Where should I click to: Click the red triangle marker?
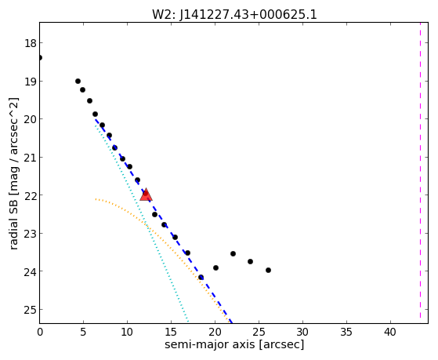pyautogui.click(x=146, y=195)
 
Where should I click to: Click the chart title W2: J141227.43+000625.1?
pyautogui.click(x=234, y=15)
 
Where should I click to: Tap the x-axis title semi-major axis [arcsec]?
pyautogui.click(x=234, y=344)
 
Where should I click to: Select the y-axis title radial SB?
pyautogui.click(x=13, y=173)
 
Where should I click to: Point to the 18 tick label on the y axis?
pyautogui.click(x=30, y=43)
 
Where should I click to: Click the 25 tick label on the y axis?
pyautogui.click(x=30, y=310)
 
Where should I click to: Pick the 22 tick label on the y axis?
pyautogui.click(x=30, y=195)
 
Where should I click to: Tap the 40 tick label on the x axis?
pyautogui.click(x=390, y=332)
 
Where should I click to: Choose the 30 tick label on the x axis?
pyautogui.click(x=302, y=332)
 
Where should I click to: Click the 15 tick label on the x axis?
pyautogui.click(x=171, y=332)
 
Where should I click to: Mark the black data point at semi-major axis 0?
pyautogui.click(x=40, y=57)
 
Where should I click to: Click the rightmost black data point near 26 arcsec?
pyautogui.click(x=268, y=271)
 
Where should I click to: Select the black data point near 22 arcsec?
pyautogui.click(x=233, y=253)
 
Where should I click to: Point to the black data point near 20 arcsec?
pyautogui.click(x=215, y=267)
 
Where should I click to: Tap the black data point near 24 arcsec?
pyautogui.click(x=250, y=261)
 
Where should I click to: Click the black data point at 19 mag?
pyautogui.click(x=78, y=81)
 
